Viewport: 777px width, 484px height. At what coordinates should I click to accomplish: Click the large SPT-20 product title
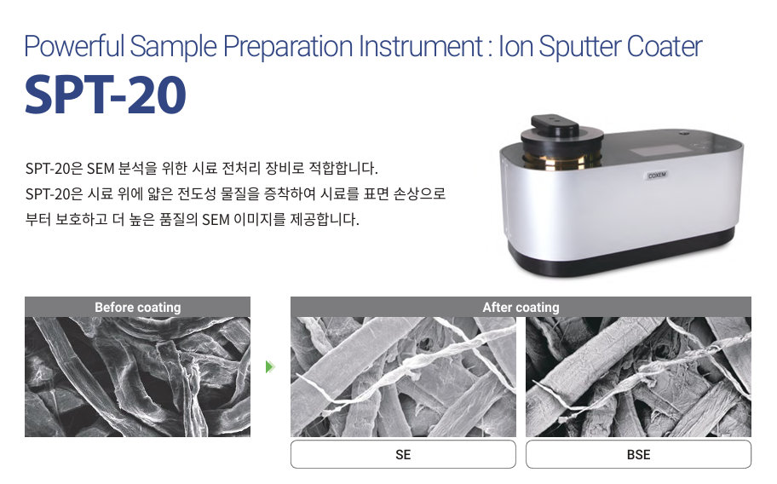[x=106, y=95]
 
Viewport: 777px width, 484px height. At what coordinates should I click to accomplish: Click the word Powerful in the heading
[x=74, y=46]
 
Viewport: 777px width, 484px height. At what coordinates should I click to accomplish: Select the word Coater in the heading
[x=665, y=46]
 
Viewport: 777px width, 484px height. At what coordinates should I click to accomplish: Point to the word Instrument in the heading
[x=421, y=46]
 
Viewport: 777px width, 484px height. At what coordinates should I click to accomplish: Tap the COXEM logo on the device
[x=657, y=175]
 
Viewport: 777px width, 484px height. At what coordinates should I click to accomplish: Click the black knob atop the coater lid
[x=555, y=125]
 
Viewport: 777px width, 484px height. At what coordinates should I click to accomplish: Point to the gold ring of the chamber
[x=560, y=159]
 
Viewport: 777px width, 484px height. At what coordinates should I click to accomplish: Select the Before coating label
[x=138, y=307]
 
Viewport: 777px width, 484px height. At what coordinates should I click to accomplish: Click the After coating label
[x=521, y=307]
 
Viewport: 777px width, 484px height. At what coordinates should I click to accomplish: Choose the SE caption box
[x=403, y=454]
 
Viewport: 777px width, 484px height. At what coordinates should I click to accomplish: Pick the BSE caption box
[x=638, y=454]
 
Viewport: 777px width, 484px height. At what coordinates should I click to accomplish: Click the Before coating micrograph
[x=138, y=377]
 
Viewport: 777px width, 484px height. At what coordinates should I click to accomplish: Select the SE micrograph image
[x=403, y=377]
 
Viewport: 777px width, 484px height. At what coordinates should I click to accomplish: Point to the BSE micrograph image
[x=638, y=377]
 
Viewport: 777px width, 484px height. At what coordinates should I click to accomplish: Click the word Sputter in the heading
[x=580, y=47]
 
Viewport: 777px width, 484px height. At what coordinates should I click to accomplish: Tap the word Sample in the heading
[x=174, y=47]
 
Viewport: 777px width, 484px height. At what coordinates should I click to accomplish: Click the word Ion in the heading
[x=515, y=46]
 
